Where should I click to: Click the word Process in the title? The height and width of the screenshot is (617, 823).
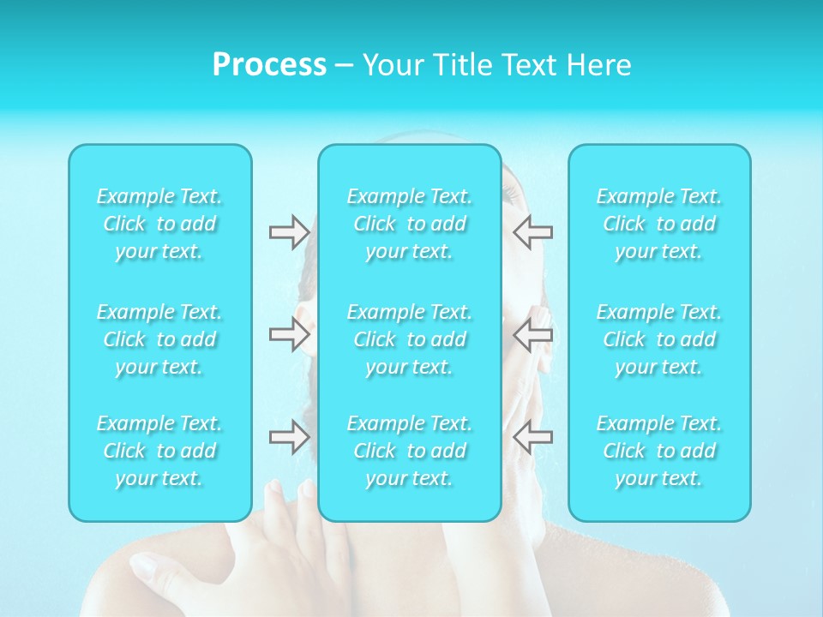[269, 65]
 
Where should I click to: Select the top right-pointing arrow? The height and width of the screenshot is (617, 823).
[289, 231]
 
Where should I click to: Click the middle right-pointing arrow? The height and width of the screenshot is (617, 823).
[289, 334]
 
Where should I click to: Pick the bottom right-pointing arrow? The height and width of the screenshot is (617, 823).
[289, 437]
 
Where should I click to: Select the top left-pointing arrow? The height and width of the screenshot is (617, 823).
[532, 231]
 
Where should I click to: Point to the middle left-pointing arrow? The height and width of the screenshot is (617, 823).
[532, 334]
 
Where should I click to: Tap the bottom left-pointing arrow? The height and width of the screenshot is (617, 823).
[532, 437]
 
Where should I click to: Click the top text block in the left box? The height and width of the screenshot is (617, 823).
[159, 224]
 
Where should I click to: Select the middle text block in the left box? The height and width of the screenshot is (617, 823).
[159, 339]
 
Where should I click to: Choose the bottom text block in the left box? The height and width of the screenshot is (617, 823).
[159, 451]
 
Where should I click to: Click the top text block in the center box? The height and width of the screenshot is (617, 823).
[410, 224]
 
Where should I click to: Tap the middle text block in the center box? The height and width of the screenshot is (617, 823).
[410, 339]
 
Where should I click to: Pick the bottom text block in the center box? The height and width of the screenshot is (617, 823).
[410, 451]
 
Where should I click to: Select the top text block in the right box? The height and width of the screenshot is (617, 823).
[659, 224]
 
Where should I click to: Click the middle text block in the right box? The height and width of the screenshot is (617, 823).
[659, 339]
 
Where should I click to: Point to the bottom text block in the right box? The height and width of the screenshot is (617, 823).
[659, 451]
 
